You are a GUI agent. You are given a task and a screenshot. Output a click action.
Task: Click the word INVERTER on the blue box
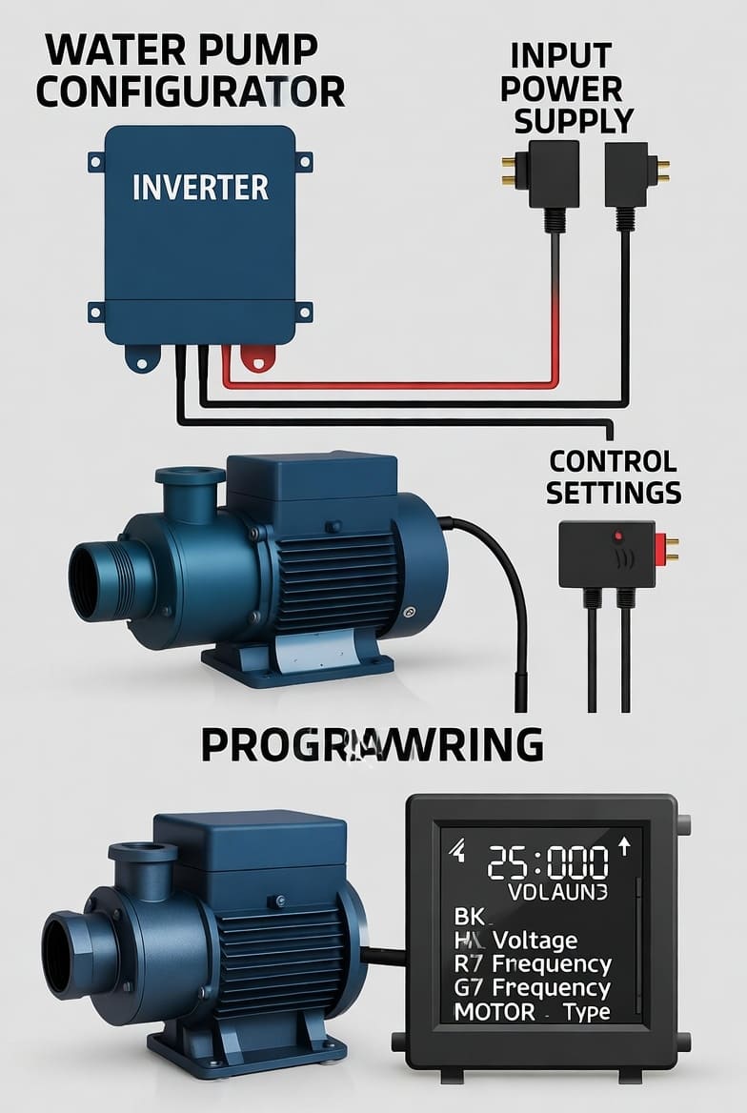click(x=200, y=188)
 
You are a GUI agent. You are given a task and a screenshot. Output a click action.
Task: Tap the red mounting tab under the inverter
click(x=255, y=357)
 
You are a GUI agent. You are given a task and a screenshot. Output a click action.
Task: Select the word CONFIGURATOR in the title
click(x=191, y=91)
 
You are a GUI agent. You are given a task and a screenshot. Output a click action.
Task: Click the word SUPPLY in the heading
click(x=574, y=121)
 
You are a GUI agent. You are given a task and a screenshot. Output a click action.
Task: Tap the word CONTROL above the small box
click(x=613, y=461)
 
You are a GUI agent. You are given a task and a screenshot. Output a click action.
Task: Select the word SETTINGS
click(x=615, y=493)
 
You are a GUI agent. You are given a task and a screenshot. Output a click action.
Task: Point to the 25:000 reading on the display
click(x=548, y=863)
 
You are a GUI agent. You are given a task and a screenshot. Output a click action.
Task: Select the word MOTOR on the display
click(x=495, y=1011)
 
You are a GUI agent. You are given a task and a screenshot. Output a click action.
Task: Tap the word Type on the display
click(x=586, y=1011)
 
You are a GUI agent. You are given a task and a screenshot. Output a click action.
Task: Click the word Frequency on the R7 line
click(x=552, y=963)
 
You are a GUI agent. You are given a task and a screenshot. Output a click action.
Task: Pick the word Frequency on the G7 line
click(x=552, y=987)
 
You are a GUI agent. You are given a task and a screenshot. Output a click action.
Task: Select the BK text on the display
click(x=470, y=917)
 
